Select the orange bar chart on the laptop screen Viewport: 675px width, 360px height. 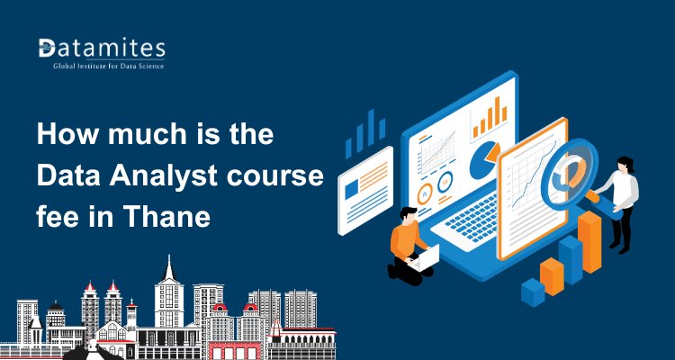tap(490, 114)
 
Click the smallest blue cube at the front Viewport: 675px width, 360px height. tap(533, 290)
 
